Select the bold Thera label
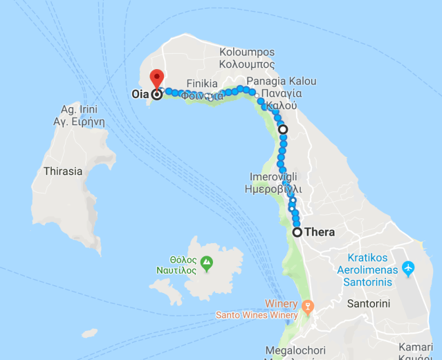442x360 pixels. pyautogui.click(x=319, y=232)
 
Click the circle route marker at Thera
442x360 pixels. pyautogui.click(x=297, y=232)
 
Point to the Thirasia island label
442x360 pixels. pyautogui.click(x=62, y=171)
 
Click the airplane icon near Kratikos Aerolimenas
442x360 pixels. pyautogui.click(x=408, y=266)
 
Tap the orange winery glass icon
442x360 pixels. pyautogui.click(x=308, y=305)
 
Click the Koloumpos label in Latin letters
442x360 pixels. pyautogui.click(x=247, y=53)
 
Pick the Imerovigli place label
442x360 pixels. pyautogui.click(x=274, y=177)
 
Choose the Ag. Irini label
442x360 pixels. pyautogui.click(x=79, y=109)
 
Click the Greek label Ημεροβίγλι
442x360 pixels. pyautogui.click(x=274, y=189)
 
